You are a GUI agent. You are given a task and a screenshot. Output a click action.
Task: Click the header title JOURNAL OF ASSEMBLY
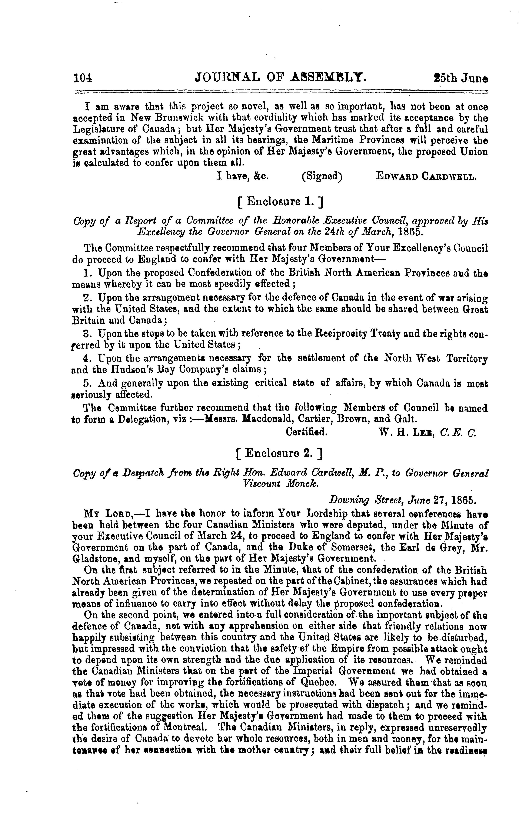281,78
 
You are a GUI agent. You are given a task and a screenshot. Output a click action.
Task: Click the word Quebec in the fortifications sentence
318,682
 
